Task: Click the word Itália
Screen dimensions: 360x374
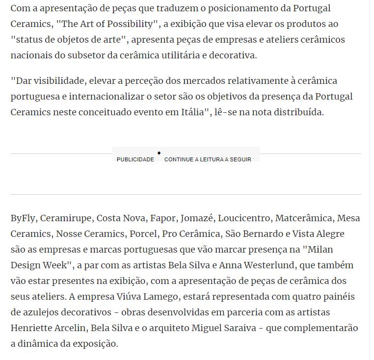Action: (195, 112)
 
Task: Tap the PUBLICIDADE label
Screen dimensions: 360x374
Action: (135, 159)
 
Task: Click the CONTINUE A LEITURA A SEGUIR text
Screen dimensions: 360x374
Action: (208, 159)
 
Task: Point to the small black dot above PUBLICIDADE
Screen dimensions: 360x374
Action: (159, 153)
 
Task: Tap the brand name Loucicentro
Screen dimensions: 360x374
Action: (243, 218)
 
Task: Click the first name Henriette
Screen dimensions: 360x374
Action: (33, 328)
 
